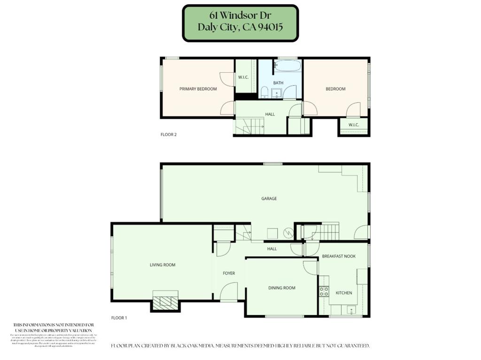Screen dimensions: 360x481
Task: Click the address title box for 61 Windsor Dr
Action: (240, 23)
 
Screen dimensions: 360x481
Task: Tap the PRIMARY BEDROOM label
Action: (198, 89)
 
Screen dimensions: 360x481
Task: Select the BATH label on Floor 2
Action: (279, 83)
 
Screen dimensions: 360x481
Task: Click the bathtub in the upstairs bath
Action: (287, 66)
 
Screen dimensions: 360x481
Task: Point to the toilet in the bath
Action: (264, 92)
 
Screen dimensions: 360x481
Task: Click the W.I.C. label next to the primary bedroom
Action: (243, 77)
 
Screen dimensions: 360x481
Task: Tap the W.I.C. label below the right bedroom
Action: (353, 125)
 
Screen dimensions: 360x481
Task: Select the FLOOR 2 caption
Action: (169, 135)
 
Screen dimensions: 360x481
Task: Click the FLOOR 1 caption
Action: (119, 318)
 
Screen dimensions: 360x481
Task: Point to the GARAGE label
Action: (269, 199)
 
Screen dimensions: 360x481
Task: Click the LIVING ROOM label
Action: (162, 265)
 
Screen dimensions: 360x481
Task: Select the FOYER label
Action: (229, 273)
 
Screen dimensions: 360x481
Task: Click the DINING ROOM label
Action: (282, 288)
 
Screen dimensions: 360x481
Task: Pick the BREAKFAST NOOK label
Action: (338, 256)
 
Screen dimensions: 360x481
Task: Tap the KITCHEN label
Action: (343, 293)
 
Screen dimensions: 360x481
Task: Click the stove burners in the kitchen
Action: (324, 291)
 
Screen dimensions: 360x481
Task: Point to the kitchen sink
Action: (350, 310)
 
